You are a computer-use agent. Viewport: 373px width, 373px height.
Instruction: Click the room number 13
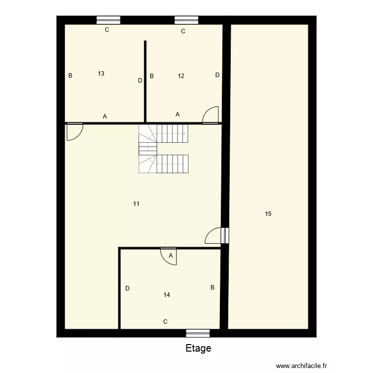(x=101, y=74)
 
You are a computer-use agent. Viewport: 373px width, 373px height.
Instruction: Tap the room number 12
(x=181, y=76)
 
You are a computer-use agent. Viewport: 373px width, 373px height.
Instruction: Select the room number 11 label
(x=136, y=204)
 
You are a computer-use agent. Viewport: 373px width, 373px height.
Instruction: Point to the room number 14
(x=167, y=295)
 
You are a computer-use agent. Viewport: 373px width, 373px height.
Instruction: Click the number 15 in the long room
(x=268, y=214)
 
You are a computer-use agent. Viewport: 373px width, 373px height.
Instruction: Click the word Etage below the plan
(x=198, y=349)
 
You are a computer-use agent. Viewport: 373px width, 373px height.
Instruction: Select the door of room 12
(x=211, y=115)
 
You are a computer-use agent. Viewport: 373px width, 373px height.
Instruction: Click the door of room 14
(x=169, y=256)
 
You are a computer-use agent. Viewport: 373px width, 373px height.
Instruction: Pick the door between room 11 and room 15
(x=215, y=235)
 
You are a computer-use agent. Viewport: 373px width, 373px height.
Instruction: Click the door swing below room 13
(x=74, y=131)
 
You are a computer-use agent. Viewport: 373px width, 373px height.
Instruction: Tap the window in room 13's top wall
(x=108, y=20)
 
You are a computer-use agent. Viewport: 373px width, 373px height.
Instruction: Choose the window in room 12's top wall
(x=186, y=20)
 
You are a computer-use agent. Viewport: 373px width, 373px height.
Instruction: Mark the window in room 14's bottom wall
(x=198, y=333)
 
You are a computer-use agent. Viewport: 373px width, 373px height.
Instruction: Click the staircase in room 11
(x=164, y=149)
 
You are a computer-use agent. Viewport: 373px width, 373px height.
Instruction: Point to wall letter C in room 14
(x=165, y=322)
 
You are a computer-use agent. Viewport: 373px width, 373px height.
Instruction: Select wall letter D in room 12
(x=217, y=75)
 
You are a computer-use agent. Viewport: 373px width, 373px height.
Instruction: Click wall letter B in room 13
(x=71, y=76)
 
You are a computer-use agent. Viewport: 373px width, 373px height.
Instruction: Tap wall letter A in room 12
(x=178, y=114)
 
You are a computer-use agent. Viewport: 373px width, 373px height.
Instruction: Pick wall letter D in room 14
(x=127, y=288)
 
